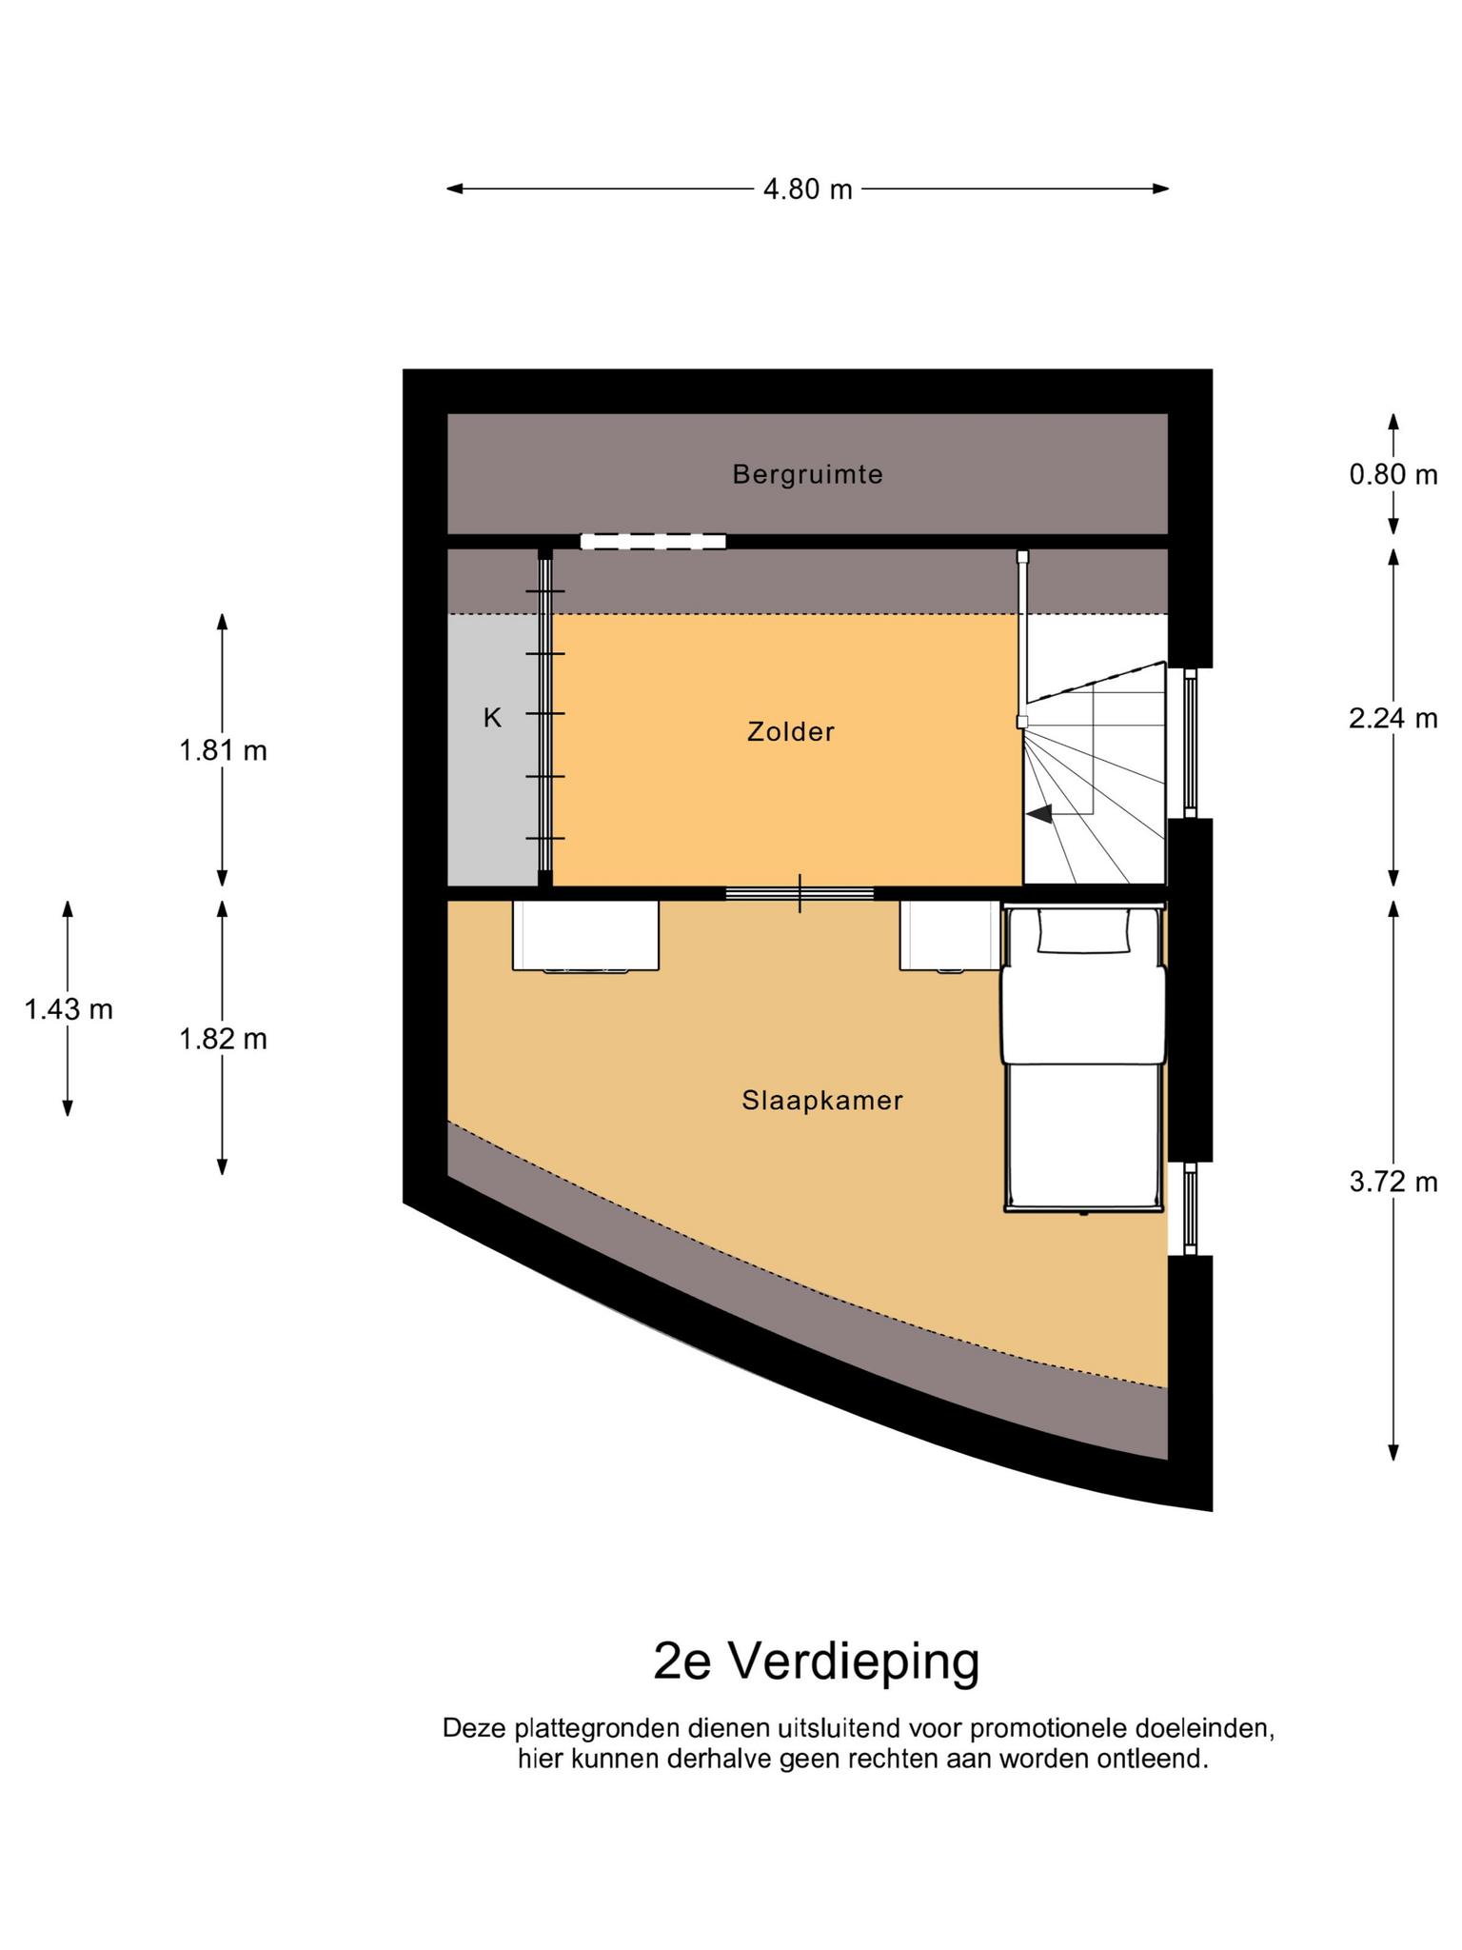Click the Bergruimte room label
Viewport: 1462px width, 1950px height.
tap(807, 474)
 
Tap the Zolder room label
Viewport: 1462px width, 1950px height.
tap(791, 731)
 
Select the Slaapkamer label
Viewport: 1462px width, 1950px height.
tap(822, 1101)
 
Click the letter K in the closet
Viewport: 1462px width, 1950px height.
tap(492, 718)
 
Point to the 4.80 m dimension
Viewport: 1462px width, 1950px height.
tap(807, 189)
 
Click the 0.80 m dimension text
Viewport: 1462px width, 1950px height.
tap(1393, 473)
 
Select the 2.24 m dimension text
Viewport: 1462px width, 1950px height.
tap(1393, 718)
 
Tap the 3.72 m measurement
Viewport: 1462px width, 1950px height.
tap(1393, 1182)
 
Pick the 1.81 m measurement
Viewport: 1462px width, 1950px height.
tap(223, 750)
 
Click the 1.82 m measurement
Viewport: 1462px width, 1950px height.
tap(223, 1038)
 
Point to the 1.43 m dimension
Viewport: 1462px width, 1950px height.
tap(69, 1008)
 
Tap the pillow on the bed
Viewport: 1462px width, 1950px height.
tap(1084, 930)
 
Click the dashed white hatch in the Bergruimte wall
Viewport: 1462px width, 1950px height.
tap(653, 541)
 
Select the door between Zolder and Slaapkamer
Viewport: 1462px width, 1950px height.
tap(800, 893)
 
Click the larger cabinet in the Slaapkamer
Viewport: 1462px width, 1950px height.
tap(585, 937)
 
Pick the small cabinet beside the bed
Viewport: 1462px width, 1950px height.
tap(950, 937)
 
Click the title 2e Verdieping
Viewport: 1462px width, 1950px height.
tap(816, 1661)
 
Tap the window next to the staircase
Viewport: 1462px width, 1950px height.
tap(1189, 743)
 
